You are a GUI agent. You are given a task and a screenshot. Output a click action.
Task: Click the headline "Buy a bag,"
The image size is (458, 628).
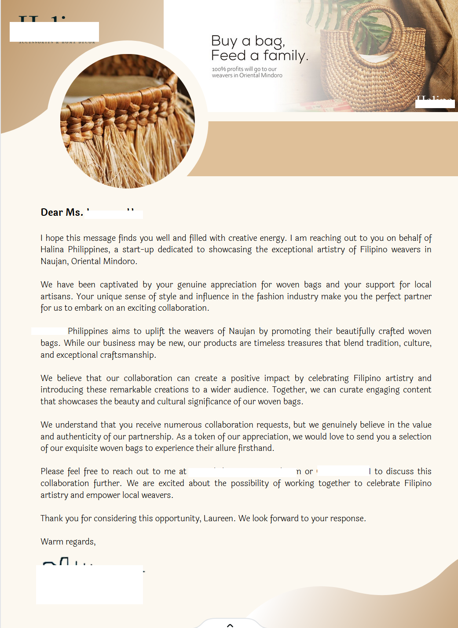point(248,41)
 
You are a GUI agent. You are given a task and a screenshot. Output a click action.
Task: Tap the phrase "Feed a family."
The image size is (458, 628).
point(259,56)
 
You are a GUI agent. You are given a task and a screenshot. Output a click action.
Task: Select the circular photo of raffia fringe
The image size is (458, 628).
point(128,121)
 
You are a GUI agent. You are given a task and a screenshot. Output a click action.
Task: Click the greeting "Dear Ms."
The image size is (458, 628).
point(62,212)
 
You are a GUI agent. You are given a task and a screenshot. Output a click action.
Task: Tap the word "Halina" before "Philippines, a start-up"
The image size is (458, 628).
point(52,250)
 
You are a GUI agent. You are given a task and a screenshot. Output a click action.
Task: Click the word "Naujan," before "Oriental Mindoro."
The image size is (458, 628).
point(55,261)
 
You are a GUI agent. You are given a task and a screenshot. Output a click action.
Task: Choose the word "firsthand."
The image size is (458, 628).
point(256,448)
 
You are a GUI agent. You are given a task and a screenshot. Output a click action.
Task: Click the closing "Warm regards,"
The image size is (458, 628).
point(68,542)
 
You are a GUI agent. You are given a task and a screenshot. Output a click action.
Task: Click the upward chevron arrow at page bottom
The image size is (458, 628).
point(230,625)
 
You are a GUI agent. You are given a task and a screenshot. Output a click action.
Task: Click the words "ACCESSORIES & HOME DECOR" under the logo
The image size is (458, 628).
point(57,42)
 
